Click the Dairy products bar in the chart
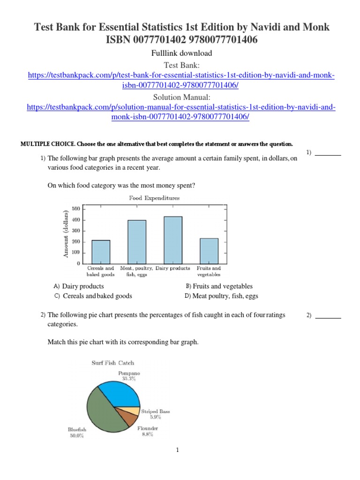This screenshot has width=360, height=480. click(172, 240)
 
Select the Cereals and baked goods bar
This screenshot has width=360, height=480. click(101, 252)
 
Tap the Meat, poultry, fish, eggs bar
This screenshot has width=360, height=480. click(136, 241)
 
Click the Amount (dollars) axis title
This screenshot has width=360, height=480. click(67, 233)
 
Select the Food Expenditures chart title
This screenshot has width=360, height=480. click(154, 198)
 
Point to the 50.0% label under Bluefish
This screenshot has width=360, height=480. click(77, 435)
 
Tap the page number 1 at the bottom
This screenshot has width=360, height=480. click(178, 450)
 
